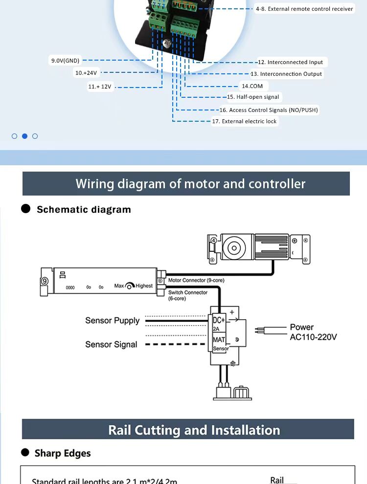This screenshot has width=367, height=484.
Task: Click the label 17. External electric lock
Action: coord(245,121)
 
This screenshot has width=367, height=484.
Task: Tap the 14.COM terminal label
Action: coord(252,86)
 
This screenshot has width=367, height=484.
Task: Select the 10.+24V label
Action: coord(86,73)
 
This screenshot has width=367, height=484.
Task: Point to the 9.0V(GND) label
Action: coord(65,61)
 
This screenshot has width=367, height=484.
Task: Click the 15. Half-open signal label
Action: coord(253,97)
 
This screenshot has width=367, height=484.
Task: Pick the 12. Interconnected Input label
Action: coord(290,62)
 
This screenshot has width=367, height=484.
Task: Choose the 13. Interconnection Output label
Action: coord(286,74)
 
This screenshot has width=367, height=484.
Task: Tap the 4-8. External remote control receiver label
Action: coord(304,9)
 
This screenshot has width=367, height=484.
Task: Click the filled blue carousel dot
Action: coord(24,136)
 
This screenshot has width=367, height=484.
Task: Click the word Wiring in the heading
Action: coord(95,184)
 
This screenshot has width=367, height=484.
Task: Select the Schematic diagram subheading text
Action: coord(84,209)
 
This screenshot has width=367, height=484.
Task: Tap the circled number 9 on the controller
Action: coord(45,281)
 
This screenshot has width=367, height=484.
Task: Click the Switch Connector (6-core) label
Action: coord(187,295)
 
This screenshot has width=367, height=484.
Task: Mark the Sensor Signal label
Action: coord(111,344)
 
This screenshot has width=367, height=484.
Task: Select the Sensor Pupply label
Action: coord(112,321)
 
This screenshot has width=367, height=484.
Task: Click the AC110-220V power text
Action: coord(313,337)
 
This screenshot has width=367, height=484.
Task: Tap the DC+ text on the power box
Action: coord(218,320)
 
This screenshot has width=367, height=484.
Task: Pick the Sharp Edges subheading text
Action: coord(62,453)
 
